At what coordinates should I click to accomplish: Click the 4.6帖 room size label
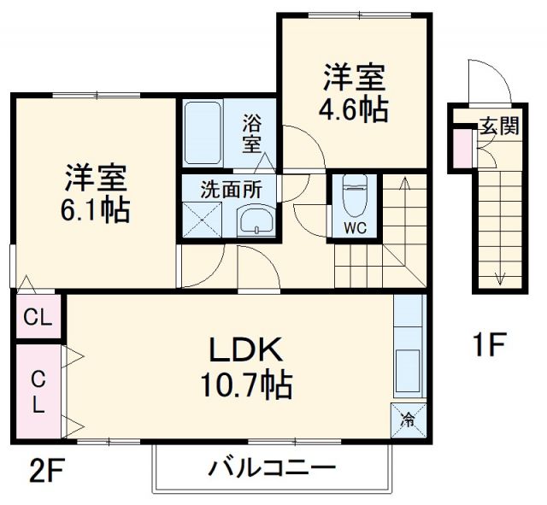pos(353,110)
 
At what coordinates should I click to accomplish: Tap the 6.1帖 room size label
pos(95,211)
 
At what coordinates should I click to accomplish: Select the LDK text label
pos(246,349)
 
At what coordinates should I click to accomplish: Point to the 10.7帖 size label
pos(246,386)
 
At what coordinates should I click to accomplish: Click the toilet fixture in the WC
pos(355,196)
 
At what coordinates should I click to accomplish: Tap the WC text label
pos(356,228)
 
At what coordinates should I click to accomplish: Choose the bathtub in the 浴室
pos(203,133)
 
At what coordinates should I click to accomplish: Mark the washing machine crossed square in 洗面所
pos(203,220)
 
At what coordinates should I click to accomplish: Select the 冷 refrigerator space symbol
pos(409,420)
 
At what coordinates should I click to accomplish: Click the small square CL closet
pos(38,317)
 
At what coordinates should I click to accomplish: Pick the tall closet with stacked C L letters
pos(38,391)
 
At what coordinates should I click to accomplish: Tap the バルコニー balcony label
pos(272,468)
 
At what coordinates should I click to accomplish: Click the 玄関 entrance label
pos(500,126)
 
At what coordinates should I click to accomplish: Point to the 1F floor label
pos(488,344)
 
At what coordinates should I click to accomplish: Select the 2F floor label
pos(47,470)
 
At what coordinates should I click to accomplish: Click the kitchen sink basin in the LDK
pos(408,371)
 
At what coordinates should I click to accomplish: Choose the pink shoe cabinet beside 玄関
pos(462,149)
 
